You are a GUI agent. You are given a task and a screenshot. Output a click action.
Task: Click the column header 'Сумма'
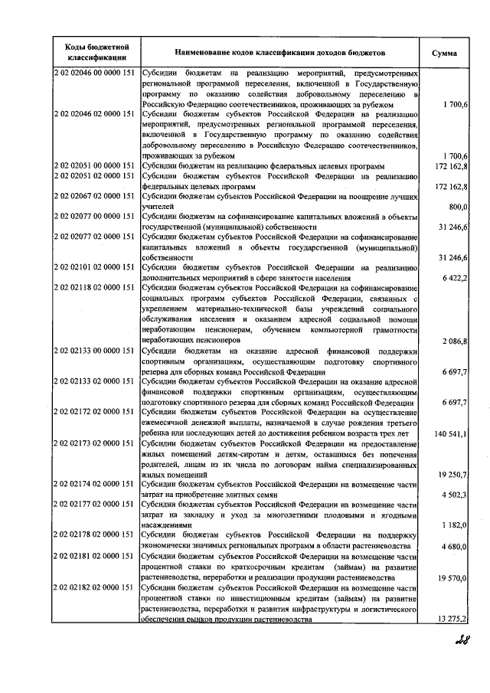pyautogui.click(x=445, y=54)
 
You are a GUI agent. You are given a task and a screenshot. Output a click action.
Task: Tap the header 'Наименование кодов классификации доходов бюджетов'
pyautogui.click(x=279, y=54)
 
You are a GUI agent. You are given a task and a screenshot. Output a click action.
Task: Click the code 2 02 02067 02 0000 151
pyautogui.click(x=95, y=197)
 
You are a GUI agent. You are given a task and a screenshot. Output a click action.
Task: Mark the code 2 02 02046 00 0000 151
pyautogui.click(x=95, y=72)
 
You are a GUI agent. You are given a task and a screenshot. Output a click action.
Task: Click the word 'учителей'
pyautogui.click(x=158, y=207)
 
